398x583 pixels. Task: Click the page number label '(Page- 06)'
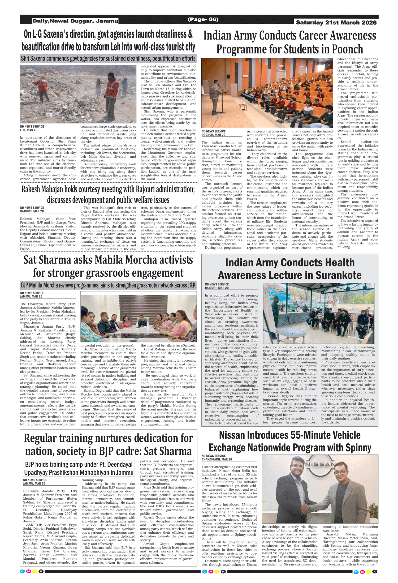click(x=203, y=19)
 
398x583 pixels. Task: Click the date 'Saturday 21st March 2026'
click(x=336, y=23)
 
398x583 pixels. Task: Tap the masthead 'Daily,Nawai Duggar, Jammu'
click(x=75, y=21)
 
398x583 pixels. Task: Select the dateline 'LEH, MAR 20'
click(x=29, y=130)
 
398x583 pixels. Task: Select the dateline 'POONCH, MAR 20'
click(x=213, y=135)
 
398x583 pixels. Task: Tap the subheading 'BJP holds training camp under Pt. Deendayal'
click(x=79, y=464)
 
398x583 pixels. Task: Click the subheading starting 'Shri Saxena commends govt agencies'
click(x=108, y=58)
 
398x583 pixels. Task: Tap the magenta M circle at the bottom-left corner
click(x=29, y=571)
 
